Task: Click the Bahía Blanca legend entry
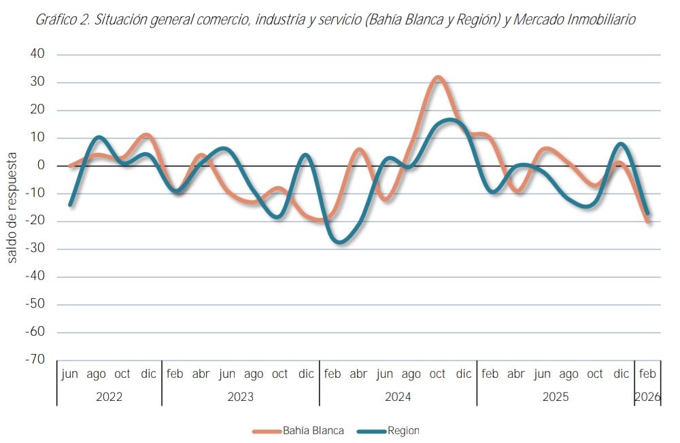click(313, 431)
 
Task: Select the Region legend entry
click(403, 431)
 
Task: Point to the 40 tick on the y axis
click(37, 54)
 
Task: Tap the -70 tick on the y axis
click(35, 359)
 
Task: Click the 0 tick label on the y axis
click(41, 166)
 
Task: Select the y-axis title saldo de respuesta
click(12, 208)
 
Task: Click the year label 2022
click(109, 397)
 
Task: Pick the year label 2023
click(240, 397)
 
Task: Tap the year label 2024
click(398, 397)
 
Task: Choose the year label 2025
click(555, 397)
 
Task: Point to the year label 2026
click(648, 397)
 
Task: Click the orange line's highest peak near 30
click(438, 78)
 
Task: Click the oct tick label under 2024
click(437, 374)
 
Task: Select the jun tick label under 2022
click(69, 374)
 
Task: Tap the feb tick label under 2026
click(648, 374)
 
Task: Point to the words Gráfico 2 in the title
click(62, 20)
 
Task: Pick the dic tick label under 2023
click(306, 374)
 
